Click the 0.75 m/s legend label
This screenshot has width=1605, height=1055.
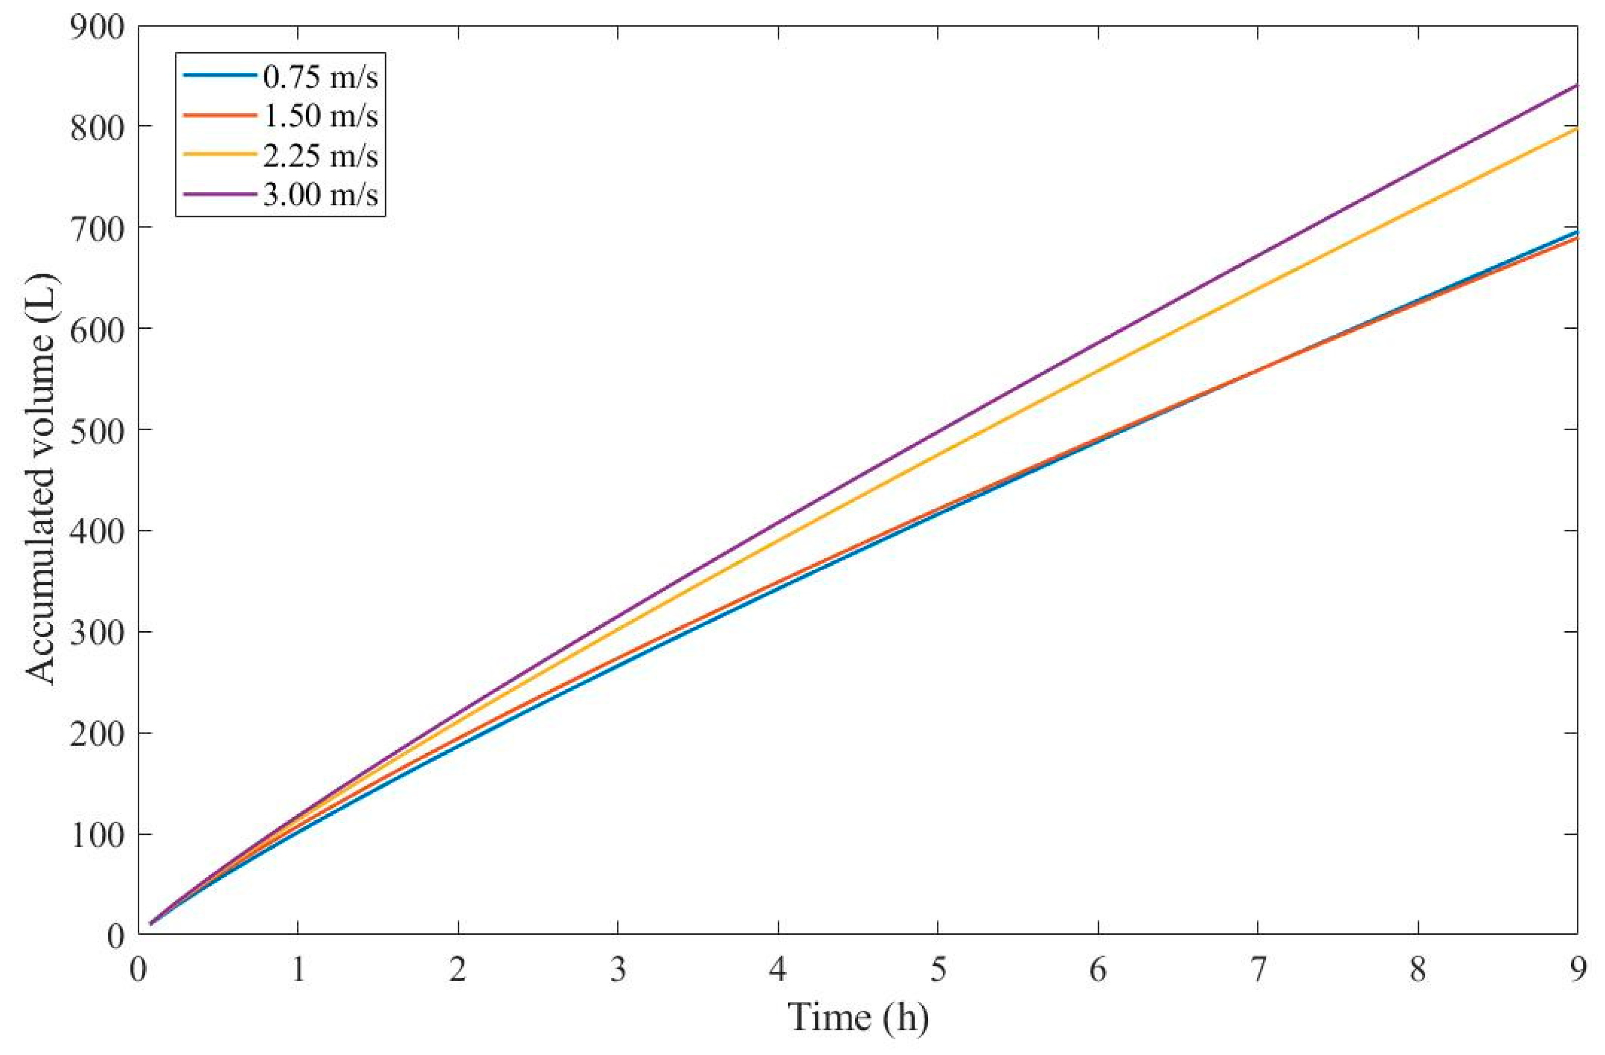(x=321, y=77)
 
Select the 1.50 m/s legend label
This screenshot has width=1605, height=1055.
(x=321, y=116)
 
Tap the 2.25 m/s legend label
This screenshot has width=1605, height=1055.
(x=321, y=156)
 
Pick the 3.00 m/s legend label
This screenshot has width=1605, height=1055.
(x=321, y=195)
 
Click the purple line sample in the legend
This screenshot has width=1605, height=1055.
(x=219, y=195)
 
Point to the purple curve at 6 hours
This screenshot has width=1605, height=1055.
(x=1098, y=341)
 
